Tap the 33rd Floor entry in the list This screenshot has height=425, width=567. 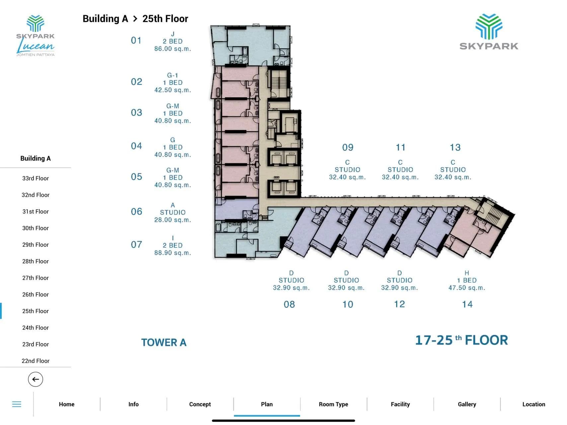click(36, 178)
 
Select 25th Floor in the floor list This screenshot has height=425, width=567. click(36, 311)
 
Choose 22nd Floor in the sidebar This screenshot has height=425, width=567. click(36, 361)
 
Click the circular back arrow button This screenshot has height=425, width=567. click(36, 379)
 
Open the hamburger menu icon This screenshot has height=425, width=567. click(17, 404)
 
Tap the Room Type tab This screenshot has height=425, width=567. click(334, 404)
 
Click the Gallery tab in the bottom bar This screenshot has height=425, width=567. click(467, 404)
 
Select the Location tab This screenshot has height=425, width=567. click(534, 404)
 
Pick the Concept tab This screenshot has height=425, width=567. click(200, 404)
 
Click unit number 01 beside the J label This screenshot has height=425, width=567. click(136, 41)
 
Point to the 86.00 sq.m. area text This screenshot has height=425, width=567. click(173, 49)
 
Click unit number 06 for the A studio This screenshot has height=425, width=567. click(136, 212)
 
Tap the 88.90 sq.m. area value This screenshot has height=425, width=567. click(173, 253)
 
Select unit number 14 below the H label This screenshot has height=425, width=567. click(467, 304)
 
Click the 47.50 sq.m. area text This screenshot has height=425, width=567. click(467, 288)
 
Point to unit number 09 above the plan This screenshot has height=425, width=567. click(348, 147)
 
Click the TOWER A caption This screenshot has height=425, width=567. click(164, 342)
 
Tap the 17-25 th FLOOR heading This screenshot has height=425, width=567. click(462, 340)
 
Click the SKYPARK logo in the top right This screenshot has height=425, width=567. click(489, 32)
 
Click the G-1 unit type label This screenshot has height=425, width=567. click(173, 75)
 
